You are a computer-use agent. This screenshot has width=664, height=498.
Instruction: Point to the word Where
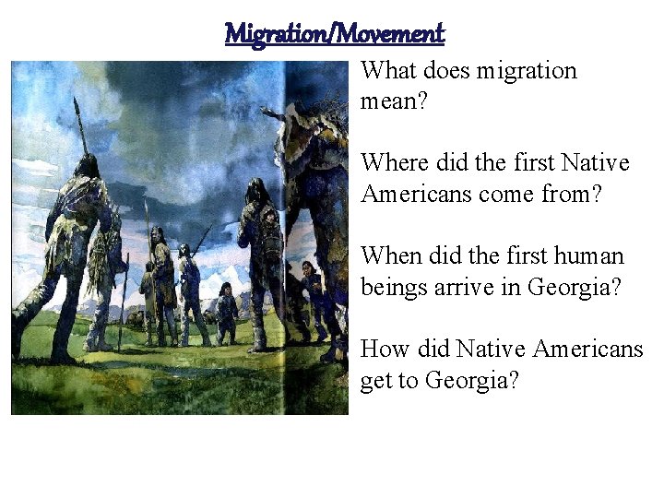pyautogui.click(x=388, y=163)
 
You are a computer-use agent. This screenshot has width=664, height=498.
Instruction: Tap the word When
pyautogui.click(x=387, y=255)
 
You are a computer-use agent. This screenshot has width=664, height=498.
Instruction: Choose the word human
pyautogui.click(x=592, y=255)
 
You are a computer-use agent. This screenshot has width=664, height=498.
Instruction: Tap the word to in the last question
pyautogui.click(x=410, y=380)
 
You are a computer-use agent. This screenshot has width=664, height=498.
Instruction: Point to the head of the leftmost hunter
pyautogui.click(x=89, y=166)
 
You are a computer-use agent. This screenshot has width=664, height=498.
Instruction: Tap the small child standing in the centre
pyautogui.click(x=225, y=309)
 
